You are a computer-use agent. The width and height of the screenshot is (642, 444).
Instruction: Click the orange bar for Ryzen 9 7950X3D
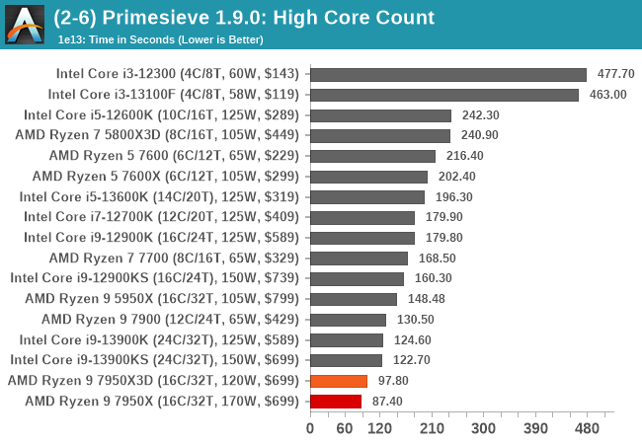339,381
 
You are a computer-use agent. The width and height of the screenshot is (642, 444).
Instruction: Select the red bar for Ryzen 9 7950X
336,401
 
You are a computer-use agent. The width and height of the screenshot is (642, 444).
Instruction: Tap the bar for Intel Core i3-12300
448,74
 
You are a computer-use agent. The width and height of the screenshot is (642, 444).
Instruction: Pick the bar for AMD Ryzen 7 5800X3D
380,135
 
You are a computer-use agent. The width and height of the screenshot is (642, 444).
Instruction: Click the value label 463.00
607,95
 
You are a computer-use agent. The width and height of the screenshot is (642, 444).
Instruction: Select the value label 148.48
425,299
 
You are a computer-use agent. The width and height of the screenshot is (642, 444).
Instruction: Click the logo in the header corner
25,25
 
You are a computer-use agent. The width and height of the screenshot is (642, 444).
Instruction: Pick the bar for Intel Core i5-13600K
366,196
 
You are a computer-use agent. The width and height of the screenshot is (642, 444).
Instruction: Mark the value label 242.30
480,115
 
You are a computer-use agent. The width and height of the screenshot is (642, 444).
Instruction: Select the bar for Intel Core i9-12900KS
357,278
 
